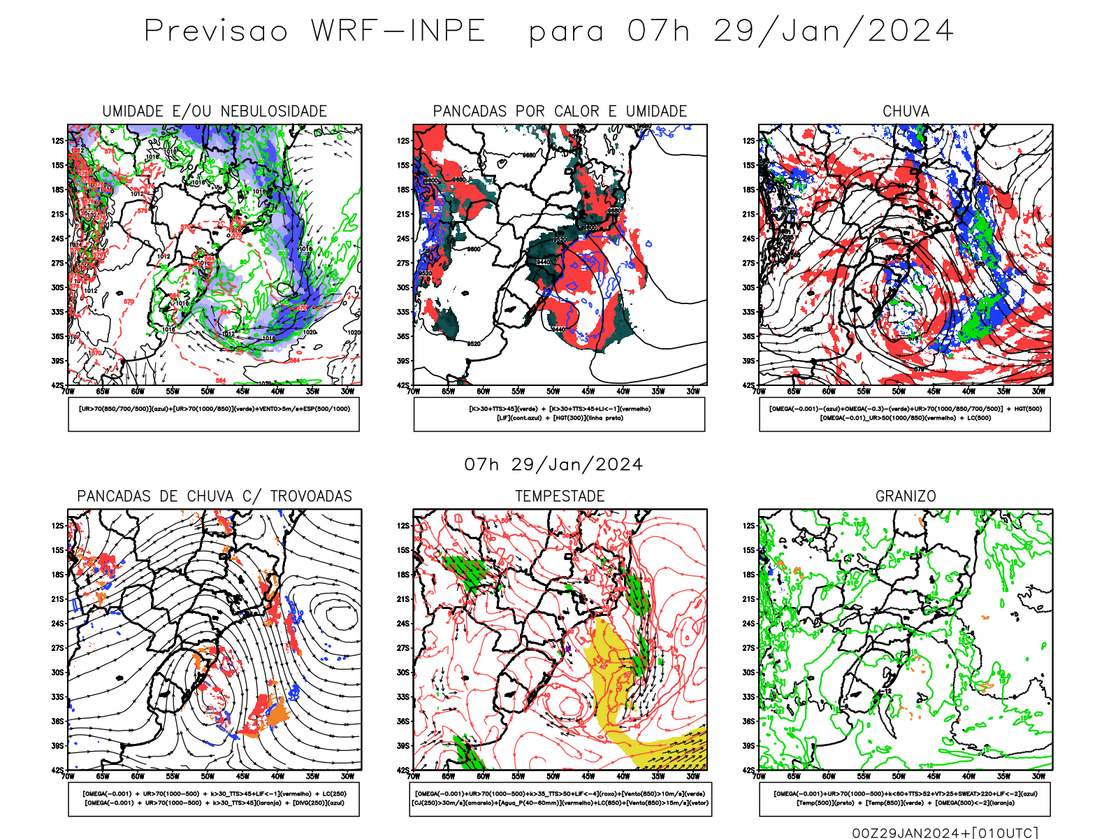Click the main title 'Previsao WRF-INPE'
[314, 31]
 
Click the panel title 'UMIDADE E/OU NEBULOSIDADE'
[215, 111]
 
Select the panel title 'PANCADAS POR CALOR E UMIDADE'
[560, 111]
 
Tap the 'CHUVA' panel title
[906, 111]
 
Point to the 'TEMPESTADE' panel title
[560, 496]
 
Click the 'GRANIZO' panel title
[906, 496]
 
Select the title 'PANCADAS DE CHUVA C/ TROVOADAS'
[215, 496]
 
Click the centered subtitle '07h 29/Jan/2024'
[553, 465]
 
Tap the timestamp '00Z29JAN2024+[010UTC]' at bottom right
[945, 833]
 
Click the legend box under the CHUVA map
[905, 414]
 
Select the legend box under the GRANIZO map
[905, 798]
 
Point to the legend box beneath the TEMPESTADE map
[560, 798]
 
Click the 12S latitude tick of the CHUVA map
[749, 141]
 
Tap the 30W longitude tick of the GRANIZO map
[1038, 776]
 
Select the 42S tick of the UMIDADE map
[57, 385]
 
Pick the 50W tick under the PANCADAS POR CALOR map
[553, 392]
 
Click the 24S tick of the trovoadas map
[57, 623]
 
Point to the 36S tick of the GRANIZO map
[749, 721]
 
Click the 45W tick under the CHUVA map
[934, 392]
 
